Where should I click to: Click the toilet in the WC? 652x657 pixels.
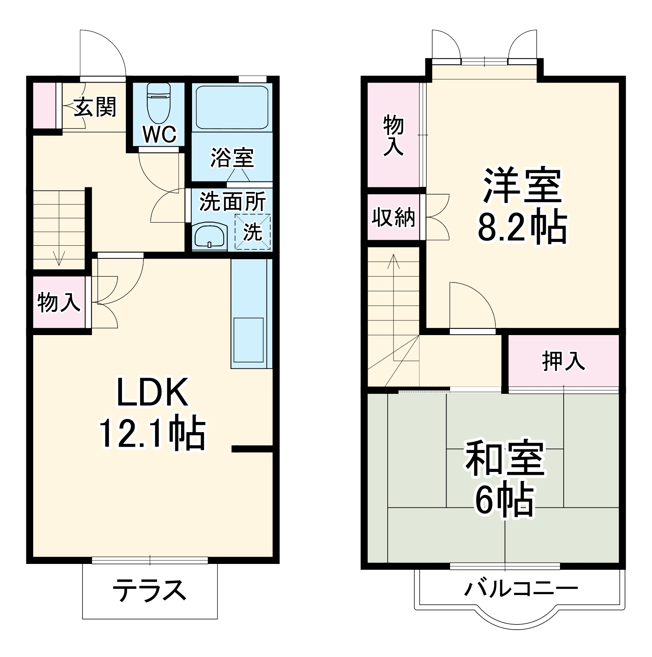(158, 104)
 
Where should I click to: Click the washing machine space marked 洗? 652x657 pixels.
(253, 231)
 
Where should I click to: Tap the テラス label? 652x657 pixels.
(149, 590)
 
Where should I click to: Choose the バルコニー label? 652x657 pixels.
(521, 588)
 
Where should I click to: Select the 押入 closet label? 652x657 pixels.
(563, 361)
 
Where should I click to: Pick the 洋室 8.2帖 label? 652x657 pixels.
(522, 206)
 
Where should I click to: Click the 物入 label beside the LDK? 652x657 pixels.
(58, 302)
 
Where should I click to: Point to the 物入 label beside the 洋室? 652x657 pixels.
(393, 135)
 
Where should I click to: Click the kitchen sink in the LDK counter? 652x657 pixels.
(248, 339)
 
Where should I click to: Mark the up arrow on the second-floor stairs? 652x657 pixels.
(393, 261)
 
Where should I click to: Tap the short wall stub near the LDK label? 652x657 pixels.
(252, 449)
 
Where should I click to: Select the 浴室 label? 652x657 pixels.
(232, 158)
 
